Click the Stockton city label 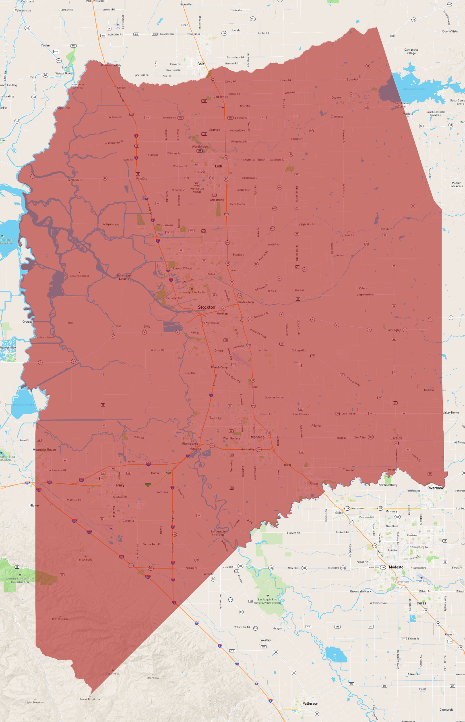(x=207, y=307)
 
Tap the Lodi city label (x=218, y=166)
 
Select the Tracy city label (x=120, y=485)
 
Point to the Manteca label (x=258, y=437)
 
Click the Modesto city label (x=396, y=567)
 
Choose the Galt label (x=200, y=64)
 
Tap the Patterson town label (x=310, y=703)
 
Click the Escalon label (x=396, y=438)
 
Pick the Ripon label (x=314, y=483)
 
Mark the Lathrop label (x=215, y=417)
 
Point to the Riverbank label (x=436, y=488)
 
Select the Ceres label (x=421, y=603)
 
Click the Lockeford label (x=297, y=138)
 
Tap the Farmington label (x=394, y=330)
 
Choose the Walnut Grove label (x=64, y=73)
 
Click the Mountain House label (x=44, y=450)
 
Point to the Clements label (x=337, y=116)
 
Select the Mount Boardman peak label (x=90, y=699)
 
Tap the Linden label (x=340, y=255)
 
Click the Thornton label (x=120, y=87)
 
